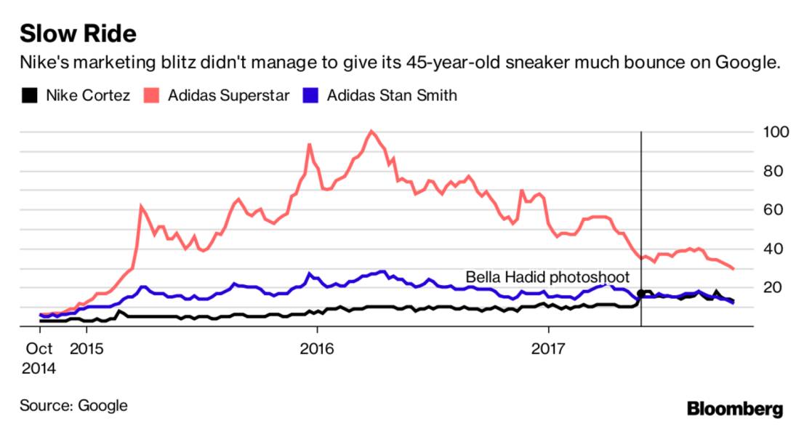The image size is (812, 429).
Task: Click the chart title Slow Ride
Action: (x=78, y=33)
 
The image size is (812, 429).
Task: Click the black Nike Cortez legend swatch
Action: (x=29, y=95)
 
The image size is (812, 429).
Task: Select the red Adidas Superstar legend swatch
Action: (x=154, y=95)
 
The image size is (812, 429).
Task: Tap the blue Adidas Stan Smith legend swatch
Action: (x=312, y=95)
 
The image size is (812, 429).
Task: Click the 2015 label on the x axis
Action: (x=87, y=349)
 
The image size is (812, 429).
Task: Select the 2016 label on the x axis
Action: (x=316, y=349)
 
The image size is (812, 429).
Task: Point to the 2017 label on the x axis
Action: (x=548, y=349)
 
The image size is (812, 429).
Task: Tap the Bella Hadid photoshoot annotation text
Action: (x=547, y=277)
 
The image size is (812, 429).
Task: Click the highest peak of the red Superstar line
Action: (x=371, y=132)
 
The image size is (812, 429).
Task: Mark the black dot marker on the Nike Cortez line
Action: (x=640, y=293)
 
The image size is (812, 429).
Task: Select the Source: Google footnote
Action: (x=73, y=406)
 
